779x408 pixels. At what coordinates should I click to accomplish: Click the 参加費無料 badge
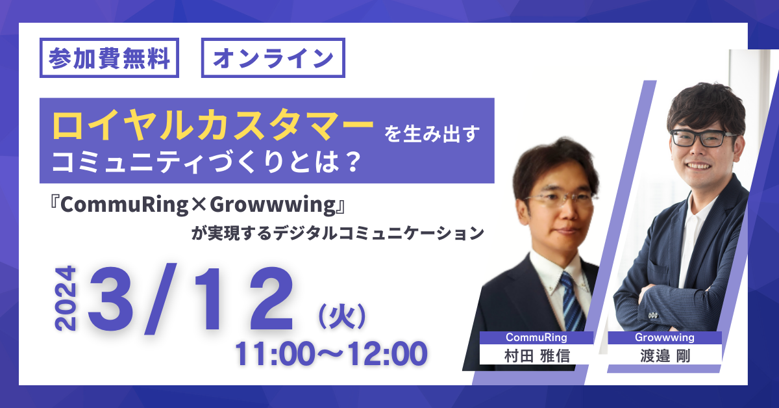(x=109, y=58)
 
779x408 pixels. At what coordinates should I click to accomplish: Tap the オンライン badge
(x=273, y=58)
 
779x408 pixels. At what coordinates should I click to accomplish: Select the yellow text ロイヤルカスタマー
(x=213, y=125)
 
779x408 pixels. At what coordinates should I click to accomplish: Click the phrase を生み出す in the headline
(x=432, y=134)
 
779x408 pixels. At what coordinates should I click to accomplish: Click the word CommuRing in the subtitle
(x=125, y=205)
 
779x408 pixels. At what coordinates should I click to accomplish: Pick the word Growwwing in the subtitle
(x=273, y=205)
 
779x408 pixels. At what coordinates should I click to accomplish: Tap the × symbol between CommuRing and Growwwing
(x=199, y=205)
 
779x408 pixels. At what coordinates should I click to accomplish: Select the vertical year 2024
(x=66, y=298)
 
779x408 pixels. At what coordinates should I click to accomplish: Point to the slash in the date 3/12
(x=159, y=299)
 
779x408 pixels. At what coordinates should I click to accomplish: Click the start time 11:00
(x=275, y=353)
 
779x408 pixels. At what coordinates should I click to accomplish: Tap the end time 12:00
(x=388, y=353)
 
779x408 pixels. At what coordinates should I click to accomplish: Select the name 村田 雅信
(x=537, y=356)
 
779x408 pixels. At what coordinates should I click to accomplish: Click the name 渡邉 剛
(x=665, y=356)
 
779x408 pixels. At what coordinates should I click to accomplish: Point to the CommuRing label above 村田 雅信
(x=536, y=337)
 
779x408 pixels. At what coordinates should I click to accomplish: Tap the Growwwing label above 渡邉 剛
(x=665, y=337)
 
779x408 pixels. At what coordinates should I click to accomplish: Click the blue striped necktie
(x=572, y=301)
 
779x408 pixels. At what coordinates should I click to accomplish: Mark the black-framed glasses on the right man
(x=702, y=138)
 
